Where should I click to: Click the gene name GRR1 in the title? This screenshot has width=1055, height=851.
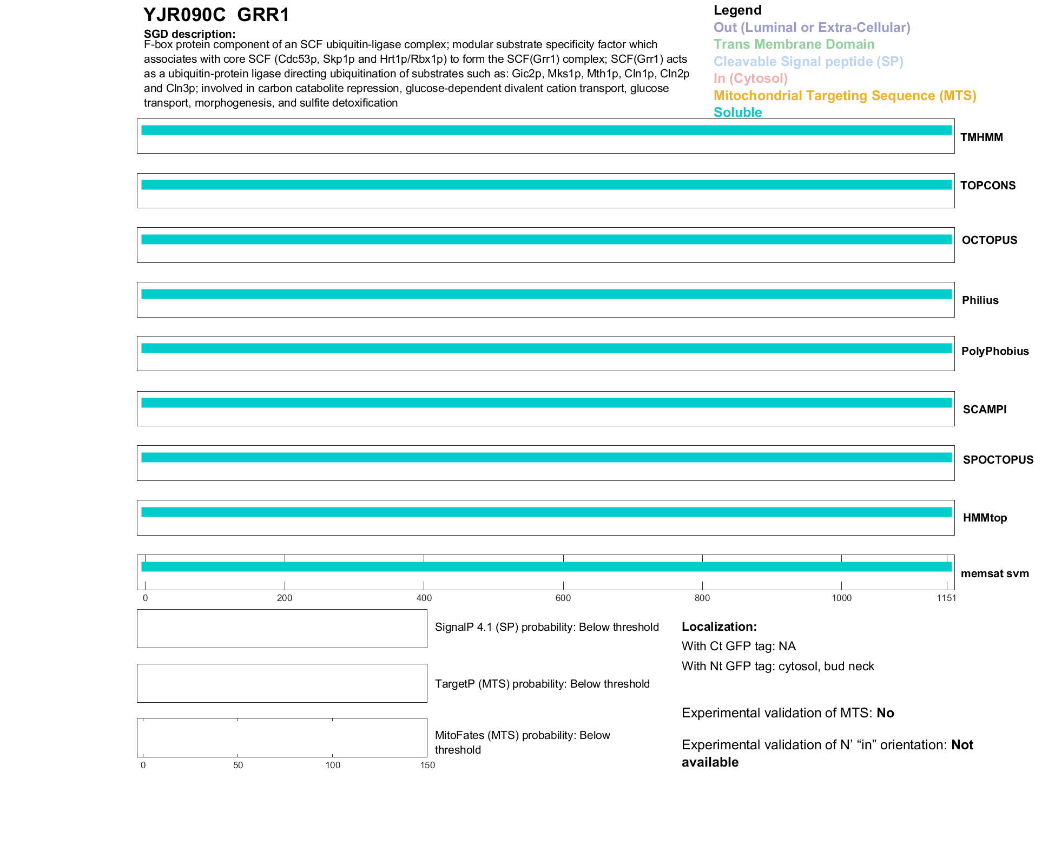263,15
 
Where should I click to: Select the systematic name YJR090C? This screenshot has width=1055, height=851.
184,15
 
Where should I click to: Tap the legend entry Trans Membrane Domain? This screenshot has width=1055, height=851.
794,44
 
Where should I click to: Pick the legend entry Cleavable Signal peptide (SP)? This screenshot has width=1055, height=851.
808,62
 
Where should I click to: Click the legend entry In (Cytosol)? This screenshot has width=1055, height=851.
750,78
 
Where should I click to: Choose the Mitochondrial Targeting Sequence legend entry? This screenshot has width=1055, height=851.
845,96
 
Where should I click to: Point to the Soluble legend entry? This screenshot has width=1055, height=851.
737,113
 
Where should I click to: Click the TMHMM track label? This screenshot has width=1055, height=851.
981,137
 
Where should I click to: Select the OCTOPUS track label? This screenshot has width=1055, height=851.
989,240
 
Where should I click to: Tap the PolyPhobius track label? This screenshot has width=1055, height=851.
995,351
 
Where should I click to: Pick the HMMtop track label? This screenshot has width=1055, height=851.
985,518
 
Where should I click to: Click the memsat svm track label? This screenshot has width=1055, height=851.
994,573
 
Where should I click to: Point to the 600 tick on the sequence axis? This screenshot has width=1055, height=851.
563,598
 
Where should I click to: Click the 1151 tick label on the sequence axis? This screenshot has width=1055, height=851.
946,598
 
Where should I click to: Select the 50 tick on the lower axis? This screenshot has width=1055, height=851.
238,765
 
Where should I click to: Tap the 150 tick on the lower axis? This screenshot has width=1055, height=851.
427,765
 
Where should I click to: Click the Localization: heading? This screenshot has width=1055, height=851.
719,626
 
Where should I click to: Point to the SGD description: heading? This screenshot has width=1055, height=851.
189,34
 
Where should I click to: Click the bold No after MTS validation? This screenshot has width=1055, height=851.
885,713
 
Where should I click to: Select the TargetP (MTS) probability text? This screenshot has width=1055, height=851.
542,684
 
